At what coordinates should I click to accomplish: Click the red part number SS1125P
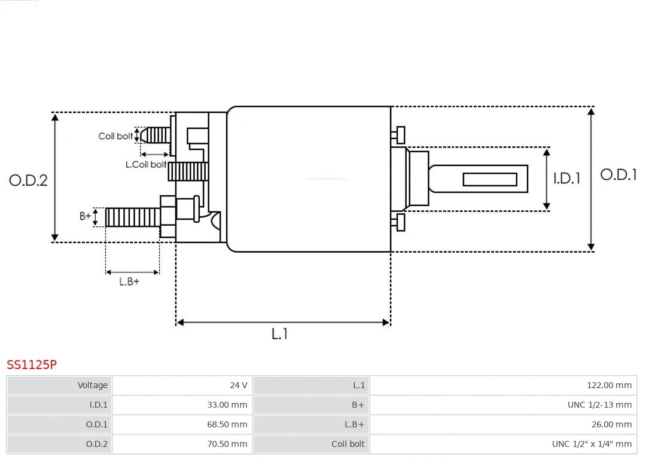coord(32,364)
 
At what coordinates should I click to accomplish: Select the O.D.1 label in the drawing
coord(618,174)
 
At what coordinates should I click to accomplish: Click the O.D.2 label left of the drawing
coord(28,180)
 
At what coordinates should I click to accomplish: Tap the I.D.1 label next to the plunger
coord(566,178)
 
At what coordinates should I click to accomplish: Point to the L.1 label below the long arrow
coord(280,334)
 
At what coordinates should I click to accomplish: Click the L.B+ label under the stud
coord(129,281)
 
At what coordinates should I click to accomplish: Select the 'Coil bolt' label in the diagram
coord(115,136)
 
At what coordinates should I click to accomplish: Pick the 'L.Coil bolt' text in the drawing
coord(146,164)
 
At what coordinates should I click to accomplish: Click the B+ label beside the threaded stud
coord(86,216)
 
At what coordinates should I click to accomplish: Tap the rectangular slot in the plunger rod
coord(490,179)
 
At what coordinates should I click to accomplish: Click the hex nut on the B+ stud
coord(168,217)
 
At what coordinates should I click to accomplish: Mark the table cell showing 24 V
coord(182,385)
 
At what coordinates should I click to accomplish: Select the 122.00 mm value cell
coord(503,385)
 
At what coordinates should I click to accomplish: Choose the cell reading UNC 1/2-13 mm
coord(503,405)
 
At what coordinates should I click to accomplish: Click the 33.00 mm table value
coord(182,405)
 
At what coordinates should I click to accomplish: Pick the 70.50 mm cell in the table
coord(182,444)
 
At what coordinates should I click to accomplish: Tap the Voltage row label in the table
coord(60,385)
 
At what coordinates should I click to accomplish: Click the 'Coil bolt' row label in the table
coord(312,444)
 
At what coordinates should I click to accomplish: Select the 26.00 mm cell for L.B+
coord(503,425)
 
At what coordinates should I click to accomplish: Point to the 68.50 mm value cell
coord(182,425)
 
